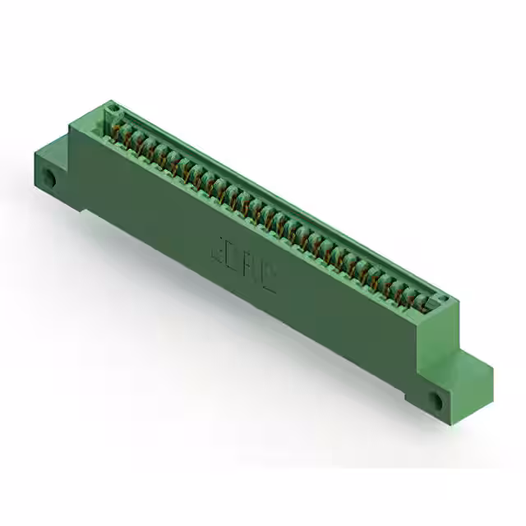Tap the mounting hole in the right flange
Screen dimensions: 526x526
[436, 399]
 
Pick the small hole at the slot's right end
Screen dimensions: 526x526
[443, 299]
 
